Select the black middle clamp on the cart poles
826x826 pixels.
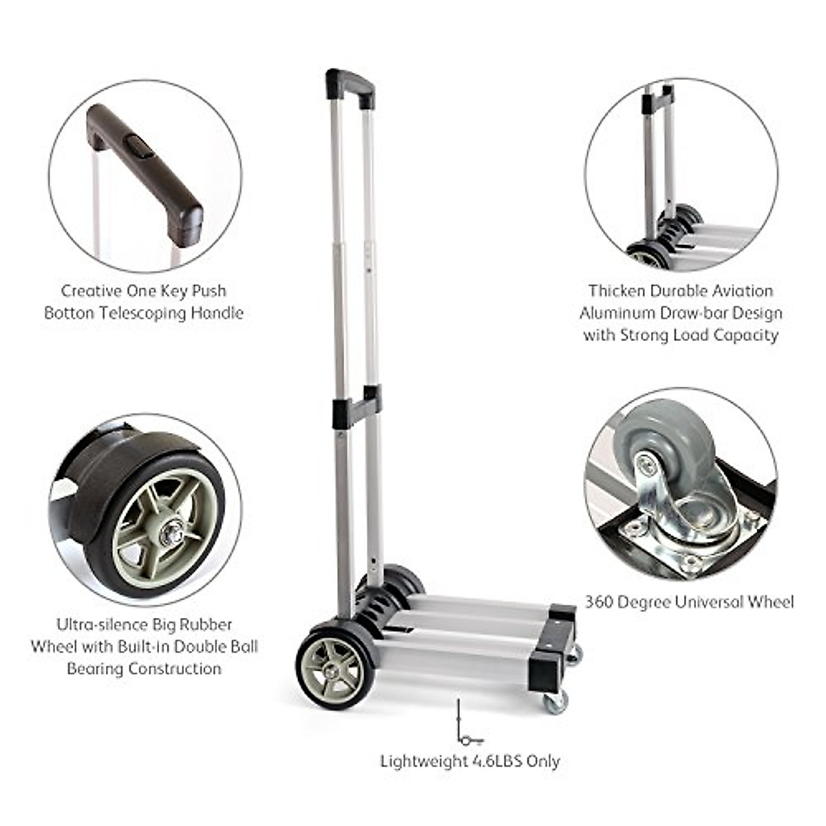click(x=356, y=409)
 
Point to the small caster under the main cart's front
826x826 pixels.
click(x=555, y=703)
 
